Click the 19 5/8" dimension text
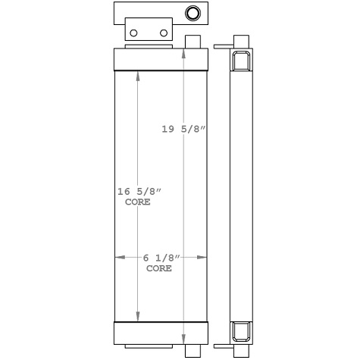(183, 129)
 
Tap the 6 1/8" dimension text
(160, 258)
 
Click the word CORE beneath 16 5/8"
(137, 203)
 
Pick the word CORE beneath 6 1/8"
(159, 268)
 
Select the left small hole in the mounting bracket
(134, 33)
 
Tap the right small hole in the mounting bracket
(163, 33)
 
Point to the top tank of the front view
(160, 59)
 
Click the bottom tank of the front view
(160, 333)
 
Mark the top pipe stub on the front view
(193, 42)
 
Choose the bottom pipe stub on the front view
(193, 350)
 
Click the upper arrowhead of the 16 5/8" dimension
(137, 75)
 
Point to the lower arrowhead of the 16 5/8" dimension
(137, 316)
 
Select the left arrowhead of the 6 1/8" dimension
(119, 258)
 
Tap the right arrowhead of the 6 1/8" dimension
(202, 258)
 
